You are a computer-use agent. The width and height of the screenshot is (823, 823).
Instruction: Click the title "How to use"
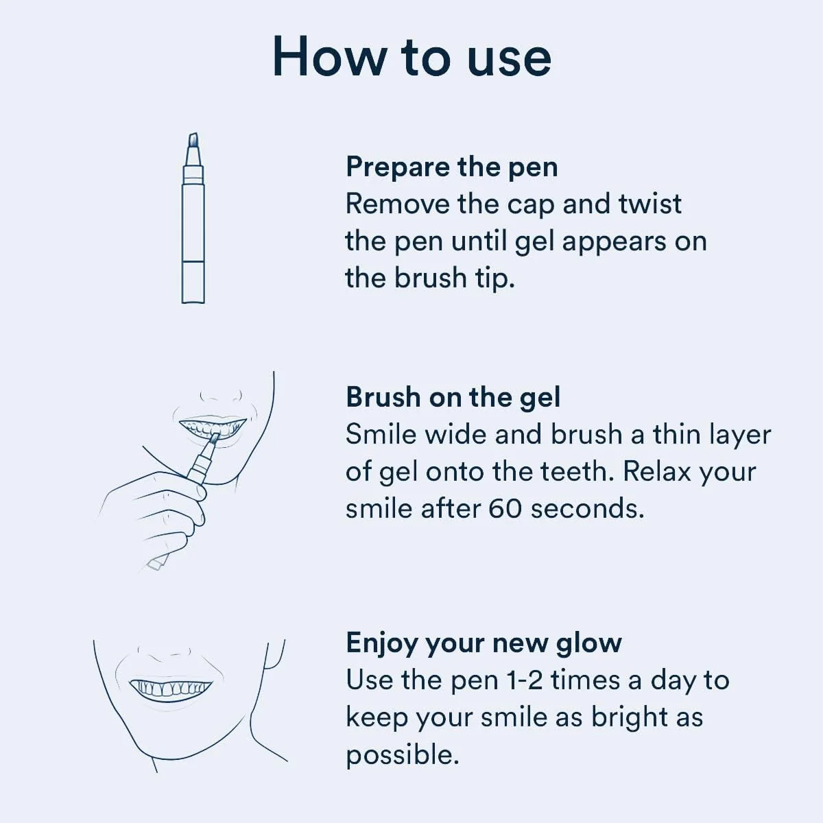click(x=411, y=57)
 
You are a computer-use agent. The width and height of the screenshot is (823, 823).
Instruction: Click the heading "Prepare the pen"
click(x=451, y=167)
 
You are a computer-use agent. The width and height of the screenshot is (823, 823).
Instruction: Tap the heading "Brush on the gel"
click(x=453, y=397)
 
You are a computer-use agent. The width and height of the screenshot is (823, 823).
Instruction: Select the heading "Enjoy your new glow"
click(x=484, y=643)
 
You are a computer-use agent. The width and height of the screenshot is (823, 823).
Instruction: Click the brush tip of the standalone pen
click(x=193, y=141)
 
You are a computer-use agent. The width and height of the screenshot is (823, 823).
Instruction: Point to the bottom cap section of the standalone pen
click(x=193, y=281)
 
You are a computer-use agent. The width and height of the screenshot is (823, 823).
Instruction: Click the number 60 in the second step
click(x=505, y=508)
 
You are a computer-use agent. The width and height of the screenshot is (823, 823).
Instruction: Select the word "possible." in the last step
click(x=402, y=754)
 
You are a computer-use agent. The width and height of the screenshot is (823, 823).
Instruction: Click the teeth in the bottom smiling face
click(x=171, y=687)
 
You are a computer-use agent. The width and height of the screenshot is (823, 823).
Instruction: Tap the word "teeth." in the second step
click(x=577, y=471)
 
